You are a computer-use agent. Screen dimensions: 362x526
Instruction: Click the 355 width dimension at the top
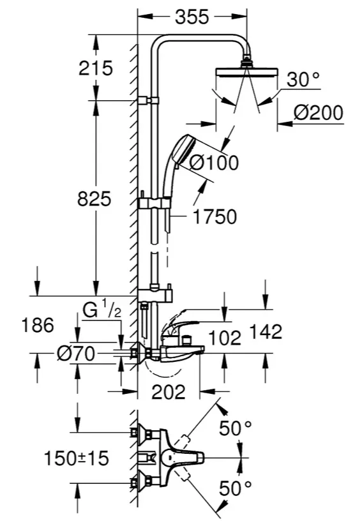[192, 17]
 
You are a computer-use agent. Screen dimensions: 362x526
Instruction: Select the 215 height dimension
[96, 68]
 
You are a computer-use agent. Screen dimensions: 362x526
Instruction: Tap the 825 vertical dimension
[94, 199]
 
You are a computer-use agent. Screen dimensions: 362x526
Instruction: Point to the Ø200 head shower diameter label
[319, 112]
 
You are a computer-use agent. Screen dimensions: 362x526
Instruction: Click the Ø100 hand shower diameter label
[214, 163]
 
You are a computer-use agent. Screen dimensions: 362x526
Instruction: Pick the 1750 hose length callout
[215, 216]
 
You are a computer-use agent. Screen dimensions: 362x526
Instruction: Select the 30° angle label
[304, 80]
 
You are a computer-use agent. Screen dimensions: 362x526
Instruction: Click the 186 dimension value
[38, 325]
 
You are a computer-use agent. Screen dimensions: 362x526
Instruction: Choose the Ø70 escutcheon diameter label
[76, 354]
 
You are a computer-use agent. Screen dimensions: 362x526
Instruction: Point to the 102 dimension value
[225, 338]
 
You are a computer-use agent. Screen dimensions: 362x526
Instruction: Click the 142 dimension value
[266, 331]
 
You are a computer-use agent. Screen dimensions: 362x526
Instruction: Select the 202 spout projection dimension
[169, 391]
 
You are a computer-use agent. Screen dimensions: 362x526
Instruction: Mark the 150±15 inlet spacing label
[77, 458]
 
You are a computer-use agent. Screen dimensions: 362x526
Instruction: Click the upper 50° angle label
[235, 428]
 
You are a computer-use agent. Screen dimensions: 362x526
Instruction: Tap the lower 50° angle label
[235, 488]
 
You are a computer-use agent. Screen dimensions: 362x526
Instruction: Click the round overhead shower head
[246, 71]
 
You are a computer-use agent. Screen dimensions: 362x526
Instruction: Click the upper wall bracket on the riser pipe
[148, 100]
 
